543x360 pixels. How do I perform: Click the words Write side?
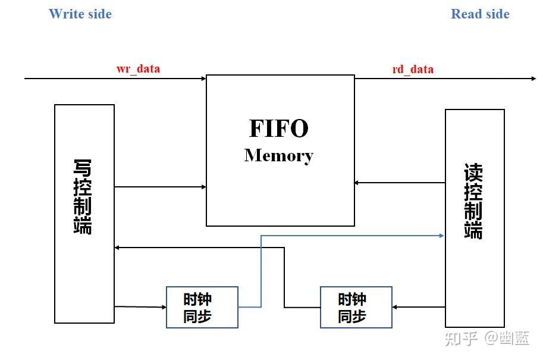80,14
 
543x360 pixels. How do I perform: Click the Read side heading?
480,14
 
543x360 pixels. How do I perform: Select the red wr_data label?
138,68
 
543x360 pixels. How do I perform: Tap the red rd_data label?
413,69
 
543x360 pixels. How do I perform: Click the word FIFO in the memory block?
278,129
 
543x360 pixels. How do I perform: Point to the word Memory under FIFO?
278,155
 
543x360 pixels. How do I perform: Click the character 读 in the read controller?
473,173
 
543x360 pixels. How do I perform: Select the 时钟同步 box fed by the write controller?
202,307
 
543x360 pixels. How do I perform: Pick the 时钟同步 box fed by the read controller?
356,307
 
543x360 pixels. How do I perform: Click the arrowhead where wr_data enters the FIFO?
203,78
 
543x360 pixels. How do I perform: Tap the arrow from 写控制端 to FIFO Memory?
160,187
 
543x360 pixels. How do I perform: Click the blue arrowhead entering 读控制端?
441,236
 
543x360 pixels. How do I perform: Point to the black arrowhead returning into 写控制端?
118,248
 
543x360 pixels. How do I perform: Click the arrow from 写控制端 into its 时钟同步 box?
140,307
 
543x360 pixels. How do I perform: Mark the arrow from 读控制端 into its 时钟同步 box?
419,307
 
